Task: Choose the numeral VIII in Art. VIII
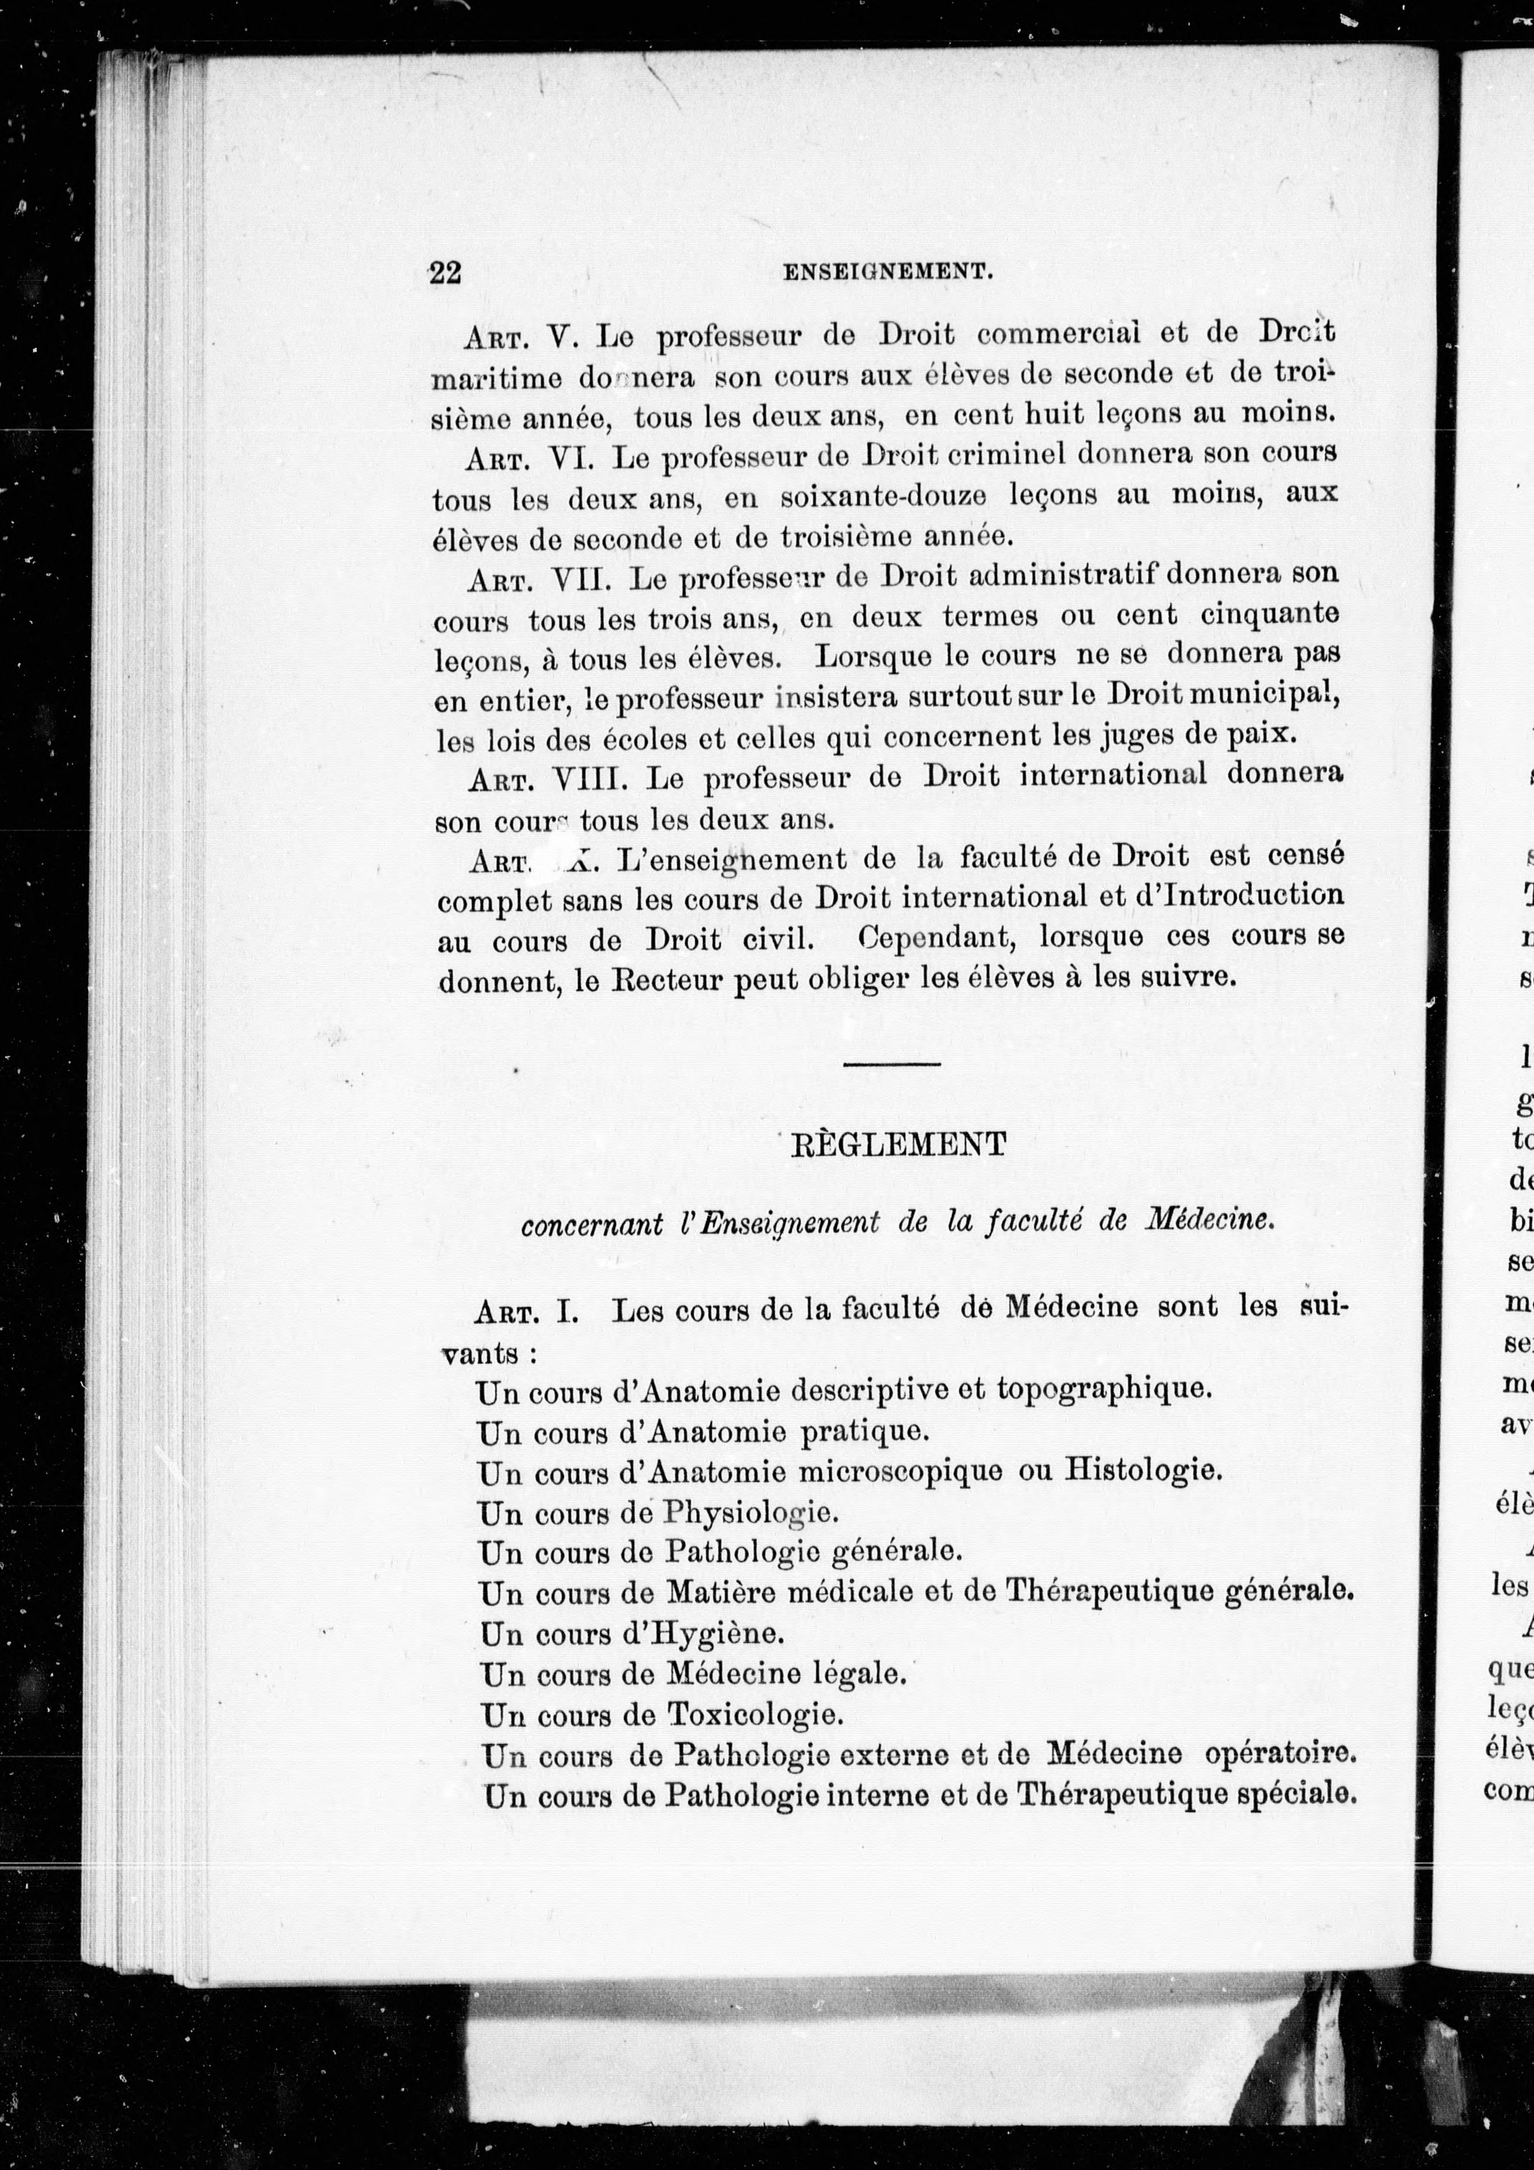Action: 587,779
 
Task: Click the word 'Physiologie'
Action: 751,1513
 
